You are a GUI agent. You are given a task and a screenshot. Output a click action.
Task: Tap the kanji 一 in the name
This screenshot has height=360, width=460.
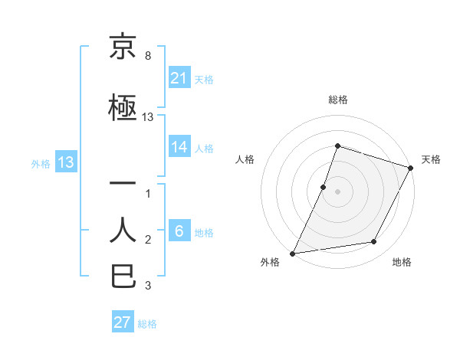pos(123,184)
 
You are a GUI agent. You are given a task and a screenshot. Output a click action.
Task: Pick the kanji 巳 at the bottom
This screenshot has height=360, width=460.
pos(123,275)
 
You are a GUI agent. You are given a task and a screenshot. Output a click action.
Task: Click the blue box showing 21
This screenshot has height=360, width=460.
pos(179,77)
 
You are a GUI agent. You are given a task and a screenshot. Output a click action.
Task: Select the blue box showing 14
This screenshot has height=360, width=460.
pos(179,147)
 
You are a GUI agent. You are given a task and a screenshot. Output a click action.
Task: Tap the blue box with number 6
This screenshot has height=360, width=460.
pos(179,232)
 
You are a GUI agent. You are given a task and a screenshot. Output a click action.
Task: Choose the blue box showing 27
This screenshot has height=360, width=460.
pos(123,322)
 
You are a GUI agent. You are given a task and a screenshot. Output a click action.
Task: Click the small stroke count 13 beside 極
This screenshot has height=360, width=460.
pos(148,117)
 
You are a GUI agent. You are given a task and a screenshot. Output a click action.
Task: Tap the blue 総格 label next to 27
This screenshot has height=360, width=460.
pos(148,324)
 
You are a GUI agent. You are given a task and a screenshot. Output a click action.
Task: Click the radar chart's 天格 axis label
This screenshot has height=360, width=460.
pos(431,159)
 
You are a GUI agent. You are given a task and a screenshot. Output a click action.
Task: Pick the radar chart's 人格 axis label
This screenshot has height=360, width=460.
pos(245,159)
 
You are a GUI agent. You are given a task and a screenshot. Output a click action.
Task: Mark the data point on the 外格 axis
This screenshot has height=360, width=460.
pos(293,253)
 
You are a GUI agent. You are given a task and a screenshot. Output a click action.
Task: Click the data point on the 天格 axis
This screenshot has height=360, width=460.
pos(412,167)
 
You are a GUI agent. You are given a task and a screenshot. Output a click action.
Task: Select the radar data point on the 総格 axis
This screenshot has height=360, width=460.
pos(337,146)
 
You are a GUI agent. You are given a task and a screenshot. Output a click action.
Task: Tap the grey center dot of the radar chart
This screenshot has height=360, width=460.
pos(337,191)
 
